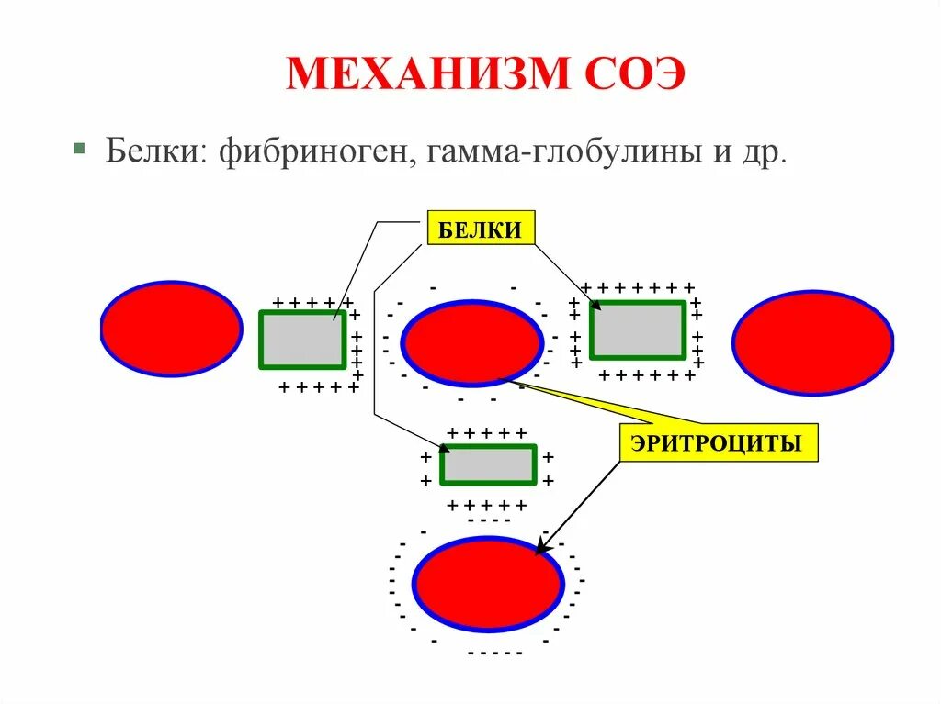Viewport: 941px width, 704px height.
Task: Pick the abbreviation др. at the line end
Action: [x=767, y=152]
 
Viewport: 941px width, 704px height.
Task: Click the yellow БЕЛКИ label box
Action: [x=479, y=229]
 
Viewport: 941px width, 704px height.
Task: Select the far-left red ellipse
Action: [x=172, y=329]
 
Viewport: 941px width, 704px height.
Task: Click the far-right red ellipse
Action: [x=812, y=342]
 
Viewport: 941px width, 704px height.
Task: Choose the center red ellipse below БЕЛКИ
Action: [x=472, y=342]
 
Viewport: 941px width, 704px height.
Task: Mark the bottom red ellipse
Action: [x=487, y=583]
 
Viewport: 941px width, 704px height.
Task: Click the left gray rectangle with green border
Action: [x=302, y=339]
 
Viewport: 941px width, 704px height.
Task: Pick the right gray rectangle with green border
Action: [x=637, y=330]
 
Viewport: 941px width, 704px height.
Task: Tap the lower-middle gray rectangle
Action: [x=488, y=464]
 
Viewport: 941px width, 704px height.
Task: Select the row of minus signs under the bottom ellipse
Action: [x=494, y=654]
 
